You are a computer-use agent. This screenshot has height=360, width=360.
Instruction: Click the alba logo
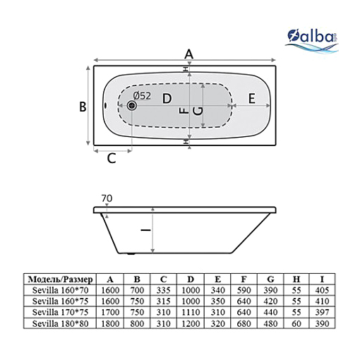312,41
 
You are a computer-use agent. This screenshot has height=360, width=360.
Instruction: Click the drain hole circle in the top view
132,105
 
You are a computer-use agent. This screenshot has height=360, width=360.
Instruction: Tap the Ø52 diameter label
142,96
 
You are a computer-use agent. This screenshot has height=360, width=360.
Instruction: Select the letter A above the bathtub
188,54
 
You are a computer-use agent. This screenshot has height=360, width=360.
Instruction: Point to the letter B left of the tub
83,107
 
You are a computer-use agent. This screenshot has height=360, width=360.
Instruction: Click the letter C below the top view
112,158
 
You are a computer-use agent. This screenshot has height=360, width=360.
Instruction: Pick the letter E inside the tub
252,98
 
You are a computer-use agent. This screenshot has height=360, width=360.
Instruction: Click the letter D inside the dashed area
167,98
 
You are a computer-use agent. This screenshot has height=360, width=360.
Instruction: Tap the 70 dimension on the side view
107,198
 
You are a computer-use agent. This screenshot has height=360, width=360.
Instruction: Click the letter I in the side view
145,230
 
